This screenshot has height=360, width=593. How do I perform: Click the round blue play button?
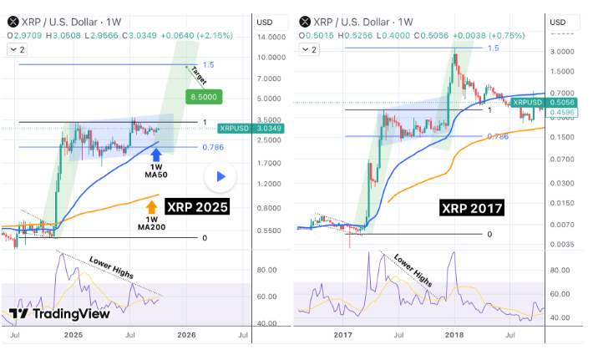220,176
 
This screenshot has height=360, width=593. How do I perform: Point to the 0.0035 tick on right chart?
568,245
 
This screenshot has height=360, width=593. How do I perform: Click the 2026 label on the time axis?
186,335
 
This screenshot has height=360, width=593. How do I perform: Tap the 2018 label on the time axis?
455,335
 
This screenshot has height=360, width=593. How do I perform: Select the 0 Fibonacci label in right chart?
489,235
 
